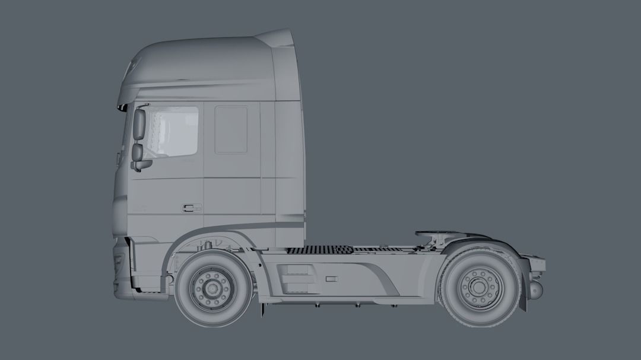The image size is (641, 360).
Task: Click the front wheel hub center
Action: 211,288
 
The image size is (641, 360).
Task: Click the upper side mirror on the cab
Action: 139,125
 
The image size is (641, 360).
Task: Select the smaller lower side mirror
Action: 138,152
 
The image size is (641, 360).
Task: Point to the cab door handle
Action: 191,208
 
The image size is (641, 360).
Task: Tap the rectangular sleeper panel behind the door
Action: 231,130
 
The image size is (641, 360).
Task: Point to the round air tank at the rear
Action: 535,290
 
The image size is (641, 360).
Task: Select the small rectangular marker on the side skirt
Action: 331,278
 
